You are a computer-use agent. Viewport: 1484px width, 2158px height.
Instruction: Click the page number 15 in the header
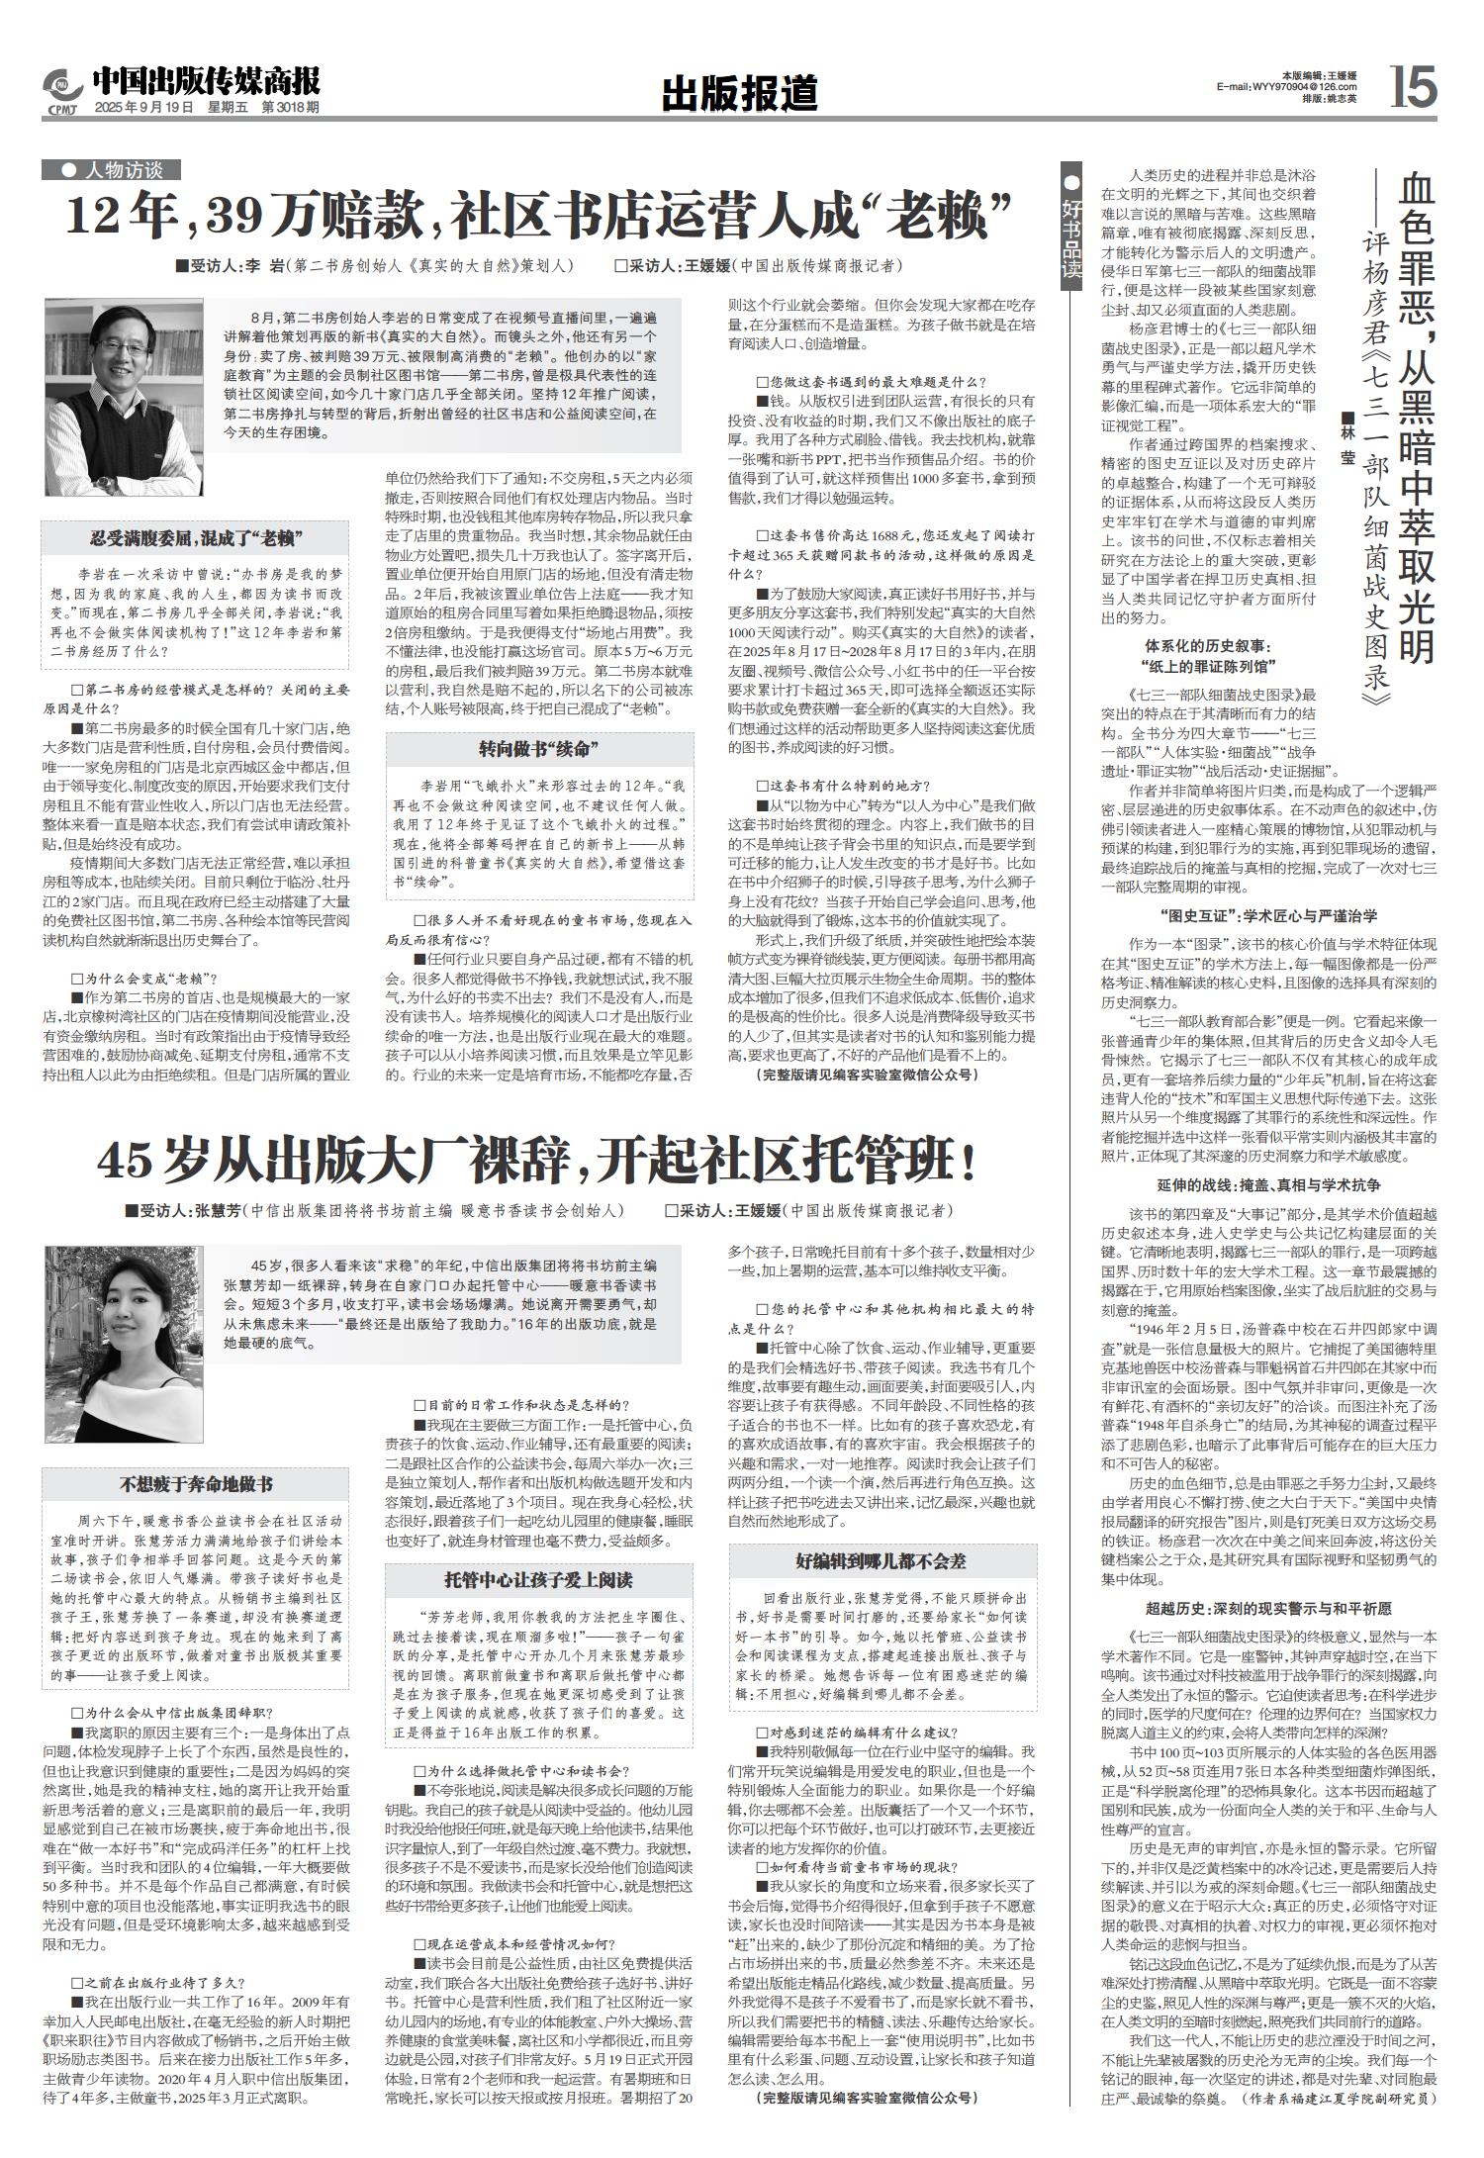[1413, 87]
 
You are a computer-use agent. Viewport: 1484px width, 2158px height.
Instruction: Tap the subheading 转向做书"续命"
[538, 747]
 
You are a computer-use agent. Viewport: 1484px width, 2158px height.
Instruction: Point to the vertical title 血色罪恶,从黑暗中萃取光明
[1418, 417]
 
